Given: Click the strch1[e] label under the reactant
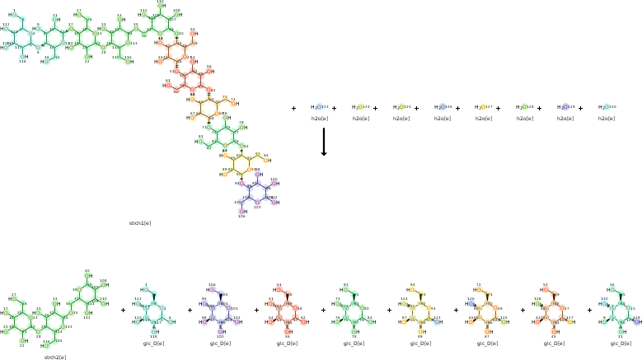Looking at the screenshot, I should pyautogui.click(x=140, y=223).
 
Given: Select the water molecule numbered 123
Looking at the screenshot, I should pyautogui.click(x=319, y=107).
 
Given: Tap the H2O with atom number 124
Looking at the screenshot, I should pyautogui.click(x=360, y=107).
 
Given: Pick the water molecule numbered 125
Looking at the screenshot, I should pyautogui.click(x=401, y=107).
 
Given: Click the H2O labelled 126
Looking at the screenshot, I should pyautogui.click(x=443, y=107).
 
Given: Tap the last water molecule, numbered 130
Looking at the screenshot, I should pyautogui.click(x=607, y=107).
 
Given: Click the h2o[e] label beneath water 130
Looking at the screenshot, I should pyautogui.click(x=607, y=119).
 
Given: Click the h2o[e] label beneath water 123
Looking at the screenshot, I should pyautogui.click(x=319, y=119).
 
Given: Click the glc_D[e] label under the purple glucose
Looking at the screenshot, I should pyautogui.click(x=220, y=343).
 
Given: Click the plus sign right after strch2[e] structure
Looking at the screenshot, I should pyautogui.click(x=123, y=311).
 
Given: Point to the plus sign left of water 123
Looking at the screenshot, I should pyautogui.click(x=293, y=108).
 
